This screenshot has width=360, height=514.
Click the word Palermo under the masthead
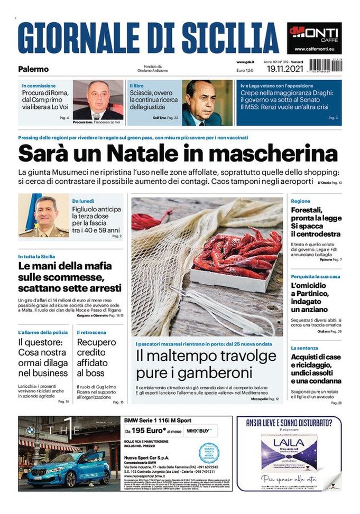tap(33, 69)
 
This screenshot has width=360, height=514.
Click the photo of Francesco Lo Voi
tap(98, 100)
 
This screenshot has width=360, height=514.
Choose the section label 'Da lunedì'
tap(84, 201)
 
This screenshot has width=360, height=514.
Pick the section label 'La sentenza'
tap(304, 348)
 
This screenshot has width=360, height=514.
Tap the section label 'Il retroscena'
tap(91, 332)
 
